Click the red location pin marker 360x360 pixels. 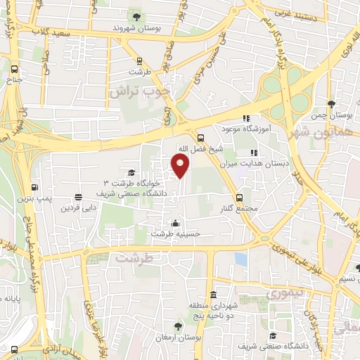click(x=181, y=166)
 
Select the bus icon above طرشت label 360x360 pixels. click(x=139, y=60)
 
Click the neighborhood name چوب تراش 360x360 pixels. click(x=141, y=91)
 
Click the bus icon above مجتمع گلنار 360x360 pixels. click(x=240, y=198)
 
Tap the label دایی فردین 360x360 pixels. click(x=77, y=208)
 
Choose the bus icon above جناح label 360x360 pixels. click(x=15, y=69)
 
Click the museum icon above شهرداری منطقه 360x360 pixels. click(x=212, y=292)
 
